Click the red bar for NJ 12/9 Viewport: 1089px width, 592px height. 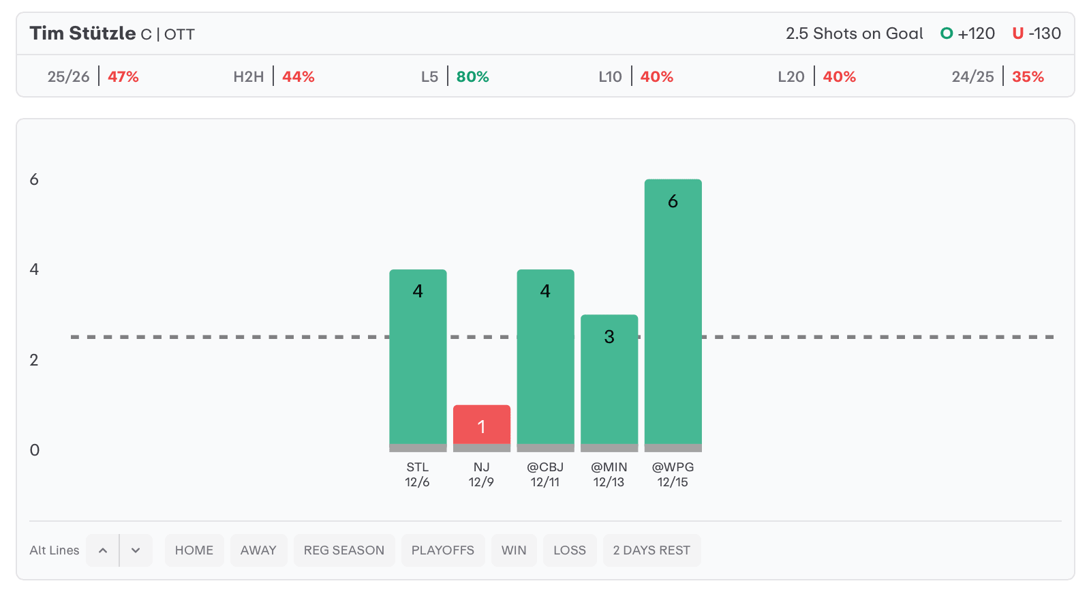coord(481,425)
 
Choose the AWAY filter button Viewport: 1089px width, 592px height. coord(258,550)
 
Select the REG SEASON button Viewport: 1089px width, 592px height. coord(344,550)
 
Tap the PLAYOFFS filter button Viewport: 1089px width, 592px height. coord(443,550)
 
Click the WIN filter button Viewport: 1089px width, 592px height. coord(514,550)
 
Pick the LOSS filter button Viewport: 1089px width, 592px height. coord(570,550)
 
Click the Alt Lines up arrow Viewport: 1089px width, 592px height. coord(103,550)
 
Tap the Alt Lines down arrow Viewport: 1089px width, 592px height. coord(136,550)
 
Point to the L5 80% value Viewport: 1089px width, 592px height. coord(472,76)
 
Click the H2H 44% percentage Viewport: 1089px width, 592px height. coord(298,76)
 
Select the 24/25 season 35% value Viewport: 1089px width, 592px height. coord(1028,76)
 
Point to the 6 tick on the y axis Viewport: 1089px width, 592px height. coord(34,179)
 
